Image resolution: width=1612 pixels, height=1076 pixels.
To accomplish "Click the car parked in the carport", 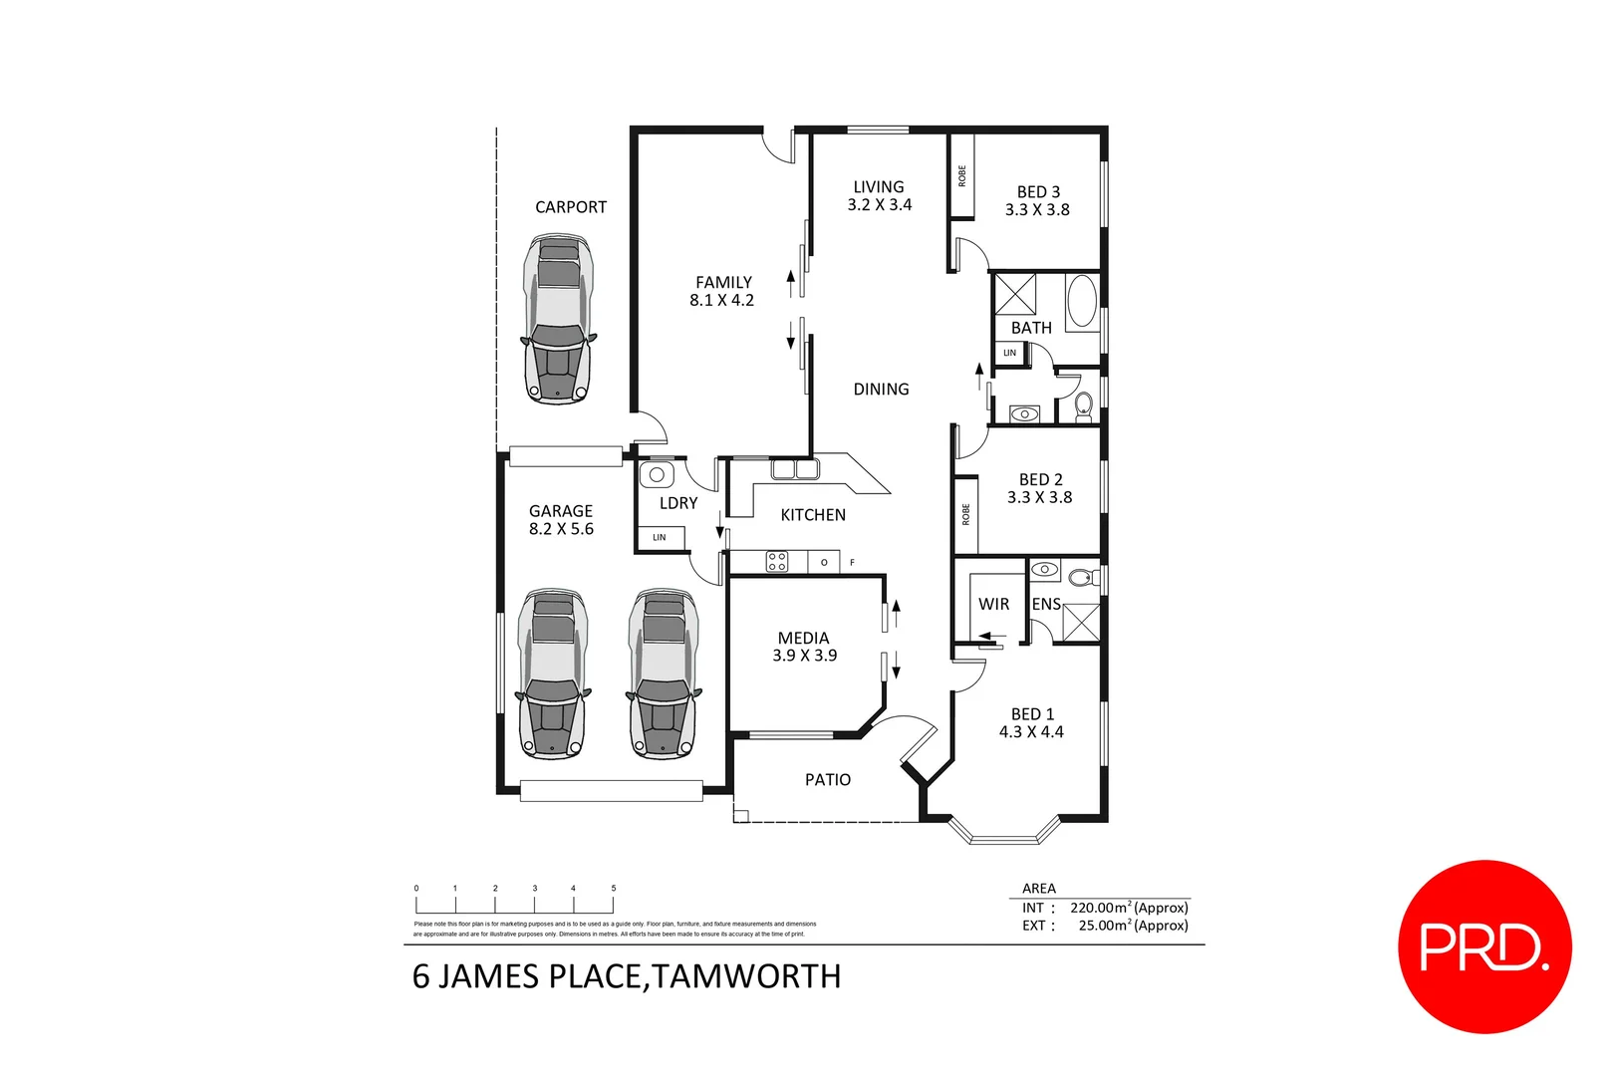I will [x=558, y=319].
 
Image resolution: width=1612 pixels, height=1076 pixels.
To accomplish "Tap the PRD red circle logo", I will [x=1484, y=946].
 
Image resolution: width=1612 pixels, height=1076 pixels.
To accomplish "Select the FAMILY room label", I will [x=723, y=283].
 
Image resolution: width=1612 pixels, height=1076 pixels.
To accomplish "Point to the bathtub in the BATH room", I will [x=1082, y=302].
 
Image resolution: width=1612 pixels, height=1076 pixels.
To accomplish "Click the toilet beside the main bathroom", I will [x=1084, y=404].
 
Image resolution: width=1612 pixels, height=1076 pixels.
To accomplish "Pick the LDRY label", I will [x=678, y=503].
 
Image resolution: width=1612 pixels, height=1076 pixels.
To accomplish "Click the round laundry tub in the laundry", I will [x=658, y=475].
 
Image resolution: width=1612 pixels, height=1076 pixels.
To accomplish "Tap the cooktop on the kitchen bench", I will [x=777, y=562].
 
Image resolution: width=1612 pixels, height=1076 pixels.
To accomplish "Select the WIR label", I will [x=993, y=604].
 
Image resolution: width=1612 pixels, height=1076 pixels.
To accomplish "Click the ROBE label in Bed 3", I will [x=962, y=176].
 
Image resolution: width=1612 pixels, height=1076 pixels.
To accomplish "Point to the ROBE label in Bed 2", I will [x=965, y=514].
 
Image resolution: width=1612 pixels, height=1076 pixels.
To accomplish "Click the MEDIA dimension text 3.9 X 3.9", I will [x=804, y=656].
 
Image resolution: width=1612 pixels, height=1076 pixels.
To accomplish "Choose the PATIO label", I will [x=828, y=780].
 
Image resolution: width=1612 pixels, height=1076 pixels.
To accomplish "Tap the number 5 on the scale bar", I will [x=614, y=888].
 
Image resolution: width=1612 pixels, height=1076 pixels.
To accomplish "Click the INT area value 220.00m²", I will [x=1101, y=908].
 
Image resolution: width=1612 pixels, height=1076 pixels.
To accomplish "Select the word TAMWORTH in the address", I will [x=747, y=976].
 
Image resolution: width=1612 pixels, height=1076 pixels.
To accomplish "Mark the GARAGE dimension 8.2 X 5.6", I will [x=561, y=529].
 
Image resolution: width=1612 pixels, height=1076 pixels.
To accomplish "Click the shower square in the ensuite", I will [x=1081, y=623].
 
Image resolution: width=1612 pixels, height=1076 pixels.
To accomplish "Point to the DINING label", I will [x=881, y=390].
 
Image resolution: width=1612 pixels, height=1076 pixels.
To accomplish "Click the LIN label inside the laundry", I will [x=660, y=538].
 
